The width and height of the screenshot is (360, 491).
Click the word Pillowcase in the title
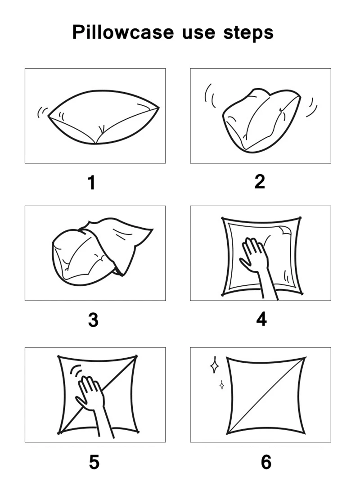tap(123, 33)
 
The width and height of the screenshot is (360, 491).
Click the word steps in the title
tap(248, 33)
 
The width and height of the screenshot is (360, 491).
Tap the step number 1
tap(91, 183)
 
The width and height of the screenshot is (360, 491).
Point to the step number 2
tap(260, 181)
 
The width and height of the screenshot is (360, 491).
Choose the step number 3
tap(93, 320)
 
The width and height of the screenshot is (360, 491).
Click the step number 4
tap(261, 319)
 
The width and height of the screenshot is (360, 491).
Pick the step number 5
tap(94, 462)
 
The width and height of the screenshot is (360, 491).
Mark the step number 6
tap(266, 462)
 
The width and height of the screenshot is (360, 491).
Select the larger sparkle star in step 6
tap(215, 365)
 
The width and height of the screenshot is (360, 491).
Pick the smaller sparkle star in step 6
tap(221, 385)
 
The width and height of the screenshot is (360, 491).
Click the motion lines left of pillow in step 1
tap(42, 111)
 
